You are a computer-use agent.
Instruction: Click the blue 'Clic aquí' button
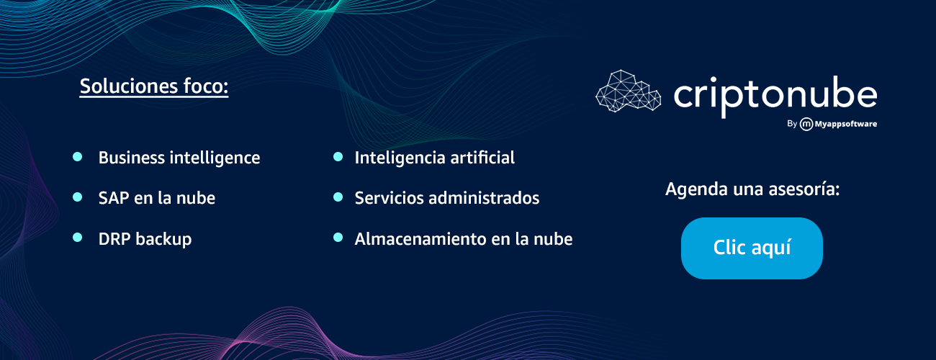[x=752, y=248]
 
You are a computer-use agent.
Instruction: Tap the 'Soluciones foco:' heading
[x=154, y=87]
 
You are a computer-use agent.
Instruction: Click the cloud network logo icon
[x=628, y=91]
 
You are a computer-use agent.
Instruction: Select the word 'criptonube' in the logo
[x=775, y=96]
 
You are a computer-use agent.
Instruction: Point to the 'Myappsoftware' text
[x=846, y=124]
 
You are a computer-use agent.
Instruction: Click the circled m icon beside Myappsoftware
[x=806, y=124]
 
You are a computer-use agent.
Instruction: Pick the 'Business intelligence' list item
[x=179, y=158]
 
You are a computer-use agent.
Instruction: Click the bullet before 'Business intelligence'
[x=77, y=157]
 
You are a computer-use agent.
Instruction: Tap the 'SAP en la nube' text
[x=157, y=198]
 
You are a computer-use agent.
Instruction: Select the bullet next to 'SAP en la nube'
[x=77, y=197]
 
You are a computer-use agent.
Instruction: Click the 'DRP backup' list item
[x=145, y=239]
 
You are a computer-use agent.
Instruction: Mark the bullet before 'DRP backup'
[x=77, y=238]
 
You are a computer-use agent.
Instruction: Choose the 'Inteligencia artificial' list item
[x=435, y=158]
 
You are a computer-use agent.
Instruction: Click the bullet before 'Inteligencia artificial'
[x=338, y=157]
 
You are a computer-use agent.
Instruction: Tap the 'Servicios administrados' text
[x=447, y=198]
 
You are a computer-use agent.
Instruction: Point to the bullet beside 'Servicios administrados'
[x=338, y=197]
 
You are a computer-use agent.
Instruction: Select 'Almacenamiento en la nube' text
[x=464, y=239]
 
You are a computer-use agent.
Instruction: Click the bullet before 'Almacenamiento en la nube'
[x=338, y=238]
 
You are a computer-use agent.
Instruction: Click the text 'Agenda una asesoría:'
[x=752, y=189]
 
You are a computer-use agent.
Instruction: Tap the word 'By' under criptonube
[x=792, y=124]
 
